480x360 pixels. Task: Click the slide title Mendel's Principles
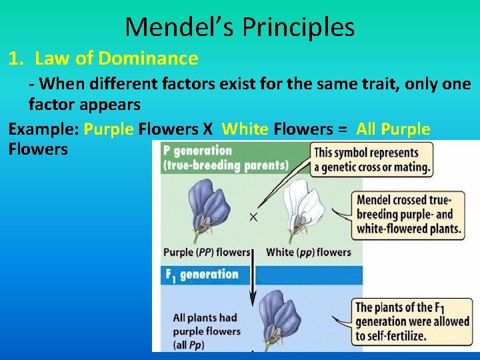[239, 27]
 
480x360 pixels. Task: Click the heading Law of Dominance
[116, 59]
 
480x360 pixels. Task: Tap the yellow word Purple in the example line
[109, 129]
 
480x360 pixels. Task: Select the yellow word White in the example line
[244, 129]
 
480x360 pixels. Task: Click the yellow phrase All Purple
[393, 129]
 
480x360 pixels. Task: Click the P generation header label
[197, 151]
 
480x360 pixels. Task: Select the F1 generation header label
[201, 275]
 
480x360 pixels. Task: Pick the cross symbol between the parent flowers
[253, 217]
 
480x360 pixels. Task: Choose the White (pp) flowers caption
[308, 253]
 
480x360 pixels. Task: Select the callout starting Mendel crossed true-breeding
[408, 214]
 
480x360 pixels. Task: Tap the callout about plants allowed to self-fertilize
[411, 321]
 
